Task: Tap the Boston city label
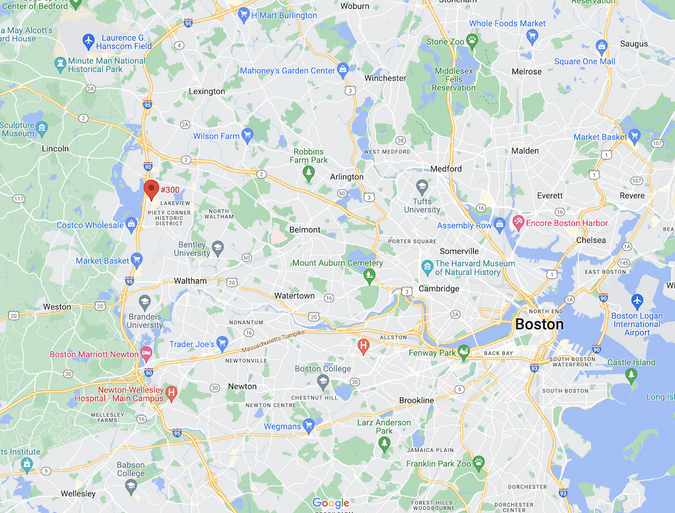click(539, 324)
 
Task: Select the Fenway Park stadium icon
click(463, 353)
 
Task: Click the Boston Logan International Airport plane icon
click(637, 301)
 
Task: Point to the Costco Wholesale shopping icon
click(131, 225)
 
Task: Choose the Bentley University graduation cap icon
click(217, 247)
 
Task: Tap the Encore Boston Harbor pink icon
click(518, 222)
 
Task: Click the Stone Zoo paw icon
click(472, 41)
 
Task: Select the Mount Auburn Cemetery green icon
click(369, 276)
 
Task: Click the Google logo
click(331, 503)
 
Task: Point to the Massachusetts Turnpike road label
click(273, 341)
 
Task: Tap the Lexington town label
click(207, 91)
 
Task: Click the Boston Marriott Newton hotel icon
click(146, 354)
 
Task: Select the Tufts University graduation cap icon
click(422, 186)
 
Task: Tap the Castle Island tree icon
click(631, 375)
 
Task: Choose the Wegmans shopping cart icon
click(308, 426)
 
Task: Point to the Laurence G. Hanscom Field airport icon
click(89, 42)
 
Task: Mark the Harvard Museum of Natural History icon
click(427, 267)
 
